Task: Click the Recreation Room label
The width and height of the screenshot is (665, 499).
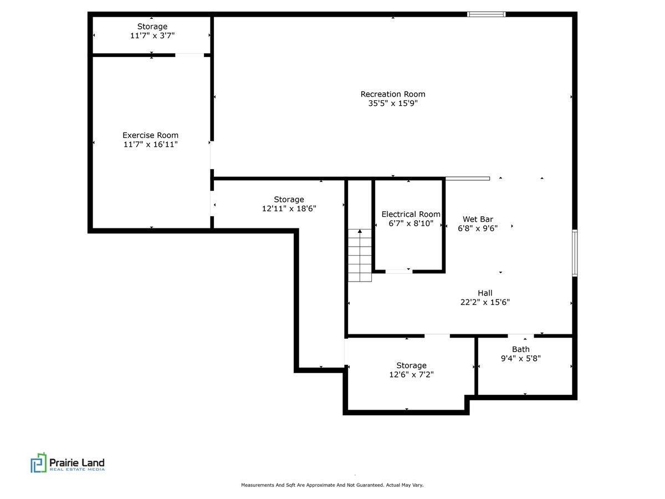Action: click(393, 94)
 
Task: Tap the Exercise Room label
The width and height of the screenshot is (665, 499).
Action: click(150, 135)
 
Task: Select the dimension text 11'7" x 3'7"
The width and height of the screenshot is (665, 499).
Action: click(152, 35)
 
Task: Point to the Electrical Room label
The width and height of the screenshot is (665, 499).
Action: click(411, 215)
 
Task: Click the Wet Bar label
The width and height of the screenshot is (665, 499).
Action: click(478, 219)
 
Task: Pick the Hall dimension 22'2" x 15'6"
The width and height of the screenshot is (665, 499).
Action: click(484, 302)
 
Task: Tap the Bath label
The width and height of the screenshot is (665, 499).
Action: click(520, 349)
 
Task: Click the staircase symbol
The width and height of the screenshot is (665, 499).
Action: click(360, 256)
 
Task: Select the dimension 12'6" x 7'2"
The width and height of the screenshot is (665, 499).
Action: click(411, 374)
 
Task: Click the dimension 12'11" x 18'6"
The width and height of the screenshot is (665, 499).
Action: click(289, 208)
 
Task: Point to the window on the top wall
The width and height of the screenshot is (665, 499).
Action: click(486, 14)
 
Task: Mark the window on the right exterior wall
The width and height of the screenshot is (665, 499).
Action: click(575, 253)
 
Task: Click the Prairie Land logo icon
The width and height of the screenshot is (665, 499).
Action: click(38, 462)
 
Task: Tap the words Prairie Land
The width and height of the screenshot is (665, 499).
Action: click(77, 462)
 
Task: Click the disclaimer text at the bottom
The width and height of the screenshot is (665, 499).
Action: click(332, 485)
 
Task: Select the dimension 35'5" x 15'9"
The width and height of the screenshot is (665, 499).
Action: click(393, 103)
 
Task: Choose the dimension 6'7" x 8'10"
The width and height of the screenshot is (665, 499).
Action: click(411, 223)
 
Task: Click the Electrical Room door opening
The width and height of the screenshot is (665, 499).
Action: click(398, 271)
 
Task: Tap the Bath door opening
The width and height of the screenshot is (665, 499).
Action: click(521, 335)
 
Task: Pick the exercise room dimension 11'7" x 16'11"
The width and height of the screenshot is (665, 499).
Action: click(150, 144)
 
